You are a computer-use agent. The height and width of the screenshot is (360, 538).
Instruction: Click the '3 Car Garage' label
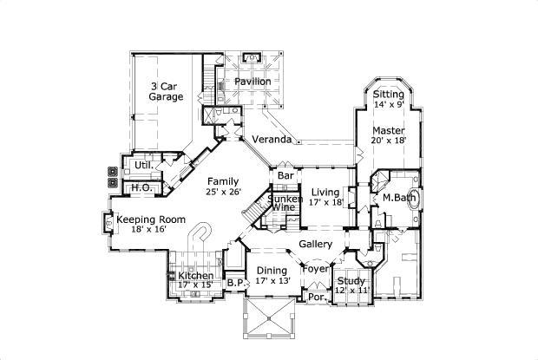[165, 92]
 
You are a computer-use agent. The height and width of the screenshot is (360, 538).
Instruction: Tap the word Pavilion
[253, 82]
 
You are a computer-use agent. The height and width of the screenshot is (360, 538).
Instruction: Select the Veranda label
[271, 139]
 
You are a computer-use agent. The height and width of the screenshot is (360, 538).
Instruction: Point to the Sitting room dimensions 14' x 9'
[389, 105]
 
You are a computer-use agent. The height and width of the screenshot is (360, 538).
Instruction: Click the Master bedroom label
[389, 131]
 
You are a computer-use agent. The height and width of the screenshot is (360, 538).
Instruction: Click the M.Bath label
[400, 198]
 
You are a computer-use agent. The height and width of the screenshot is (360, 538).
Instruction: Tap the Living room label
[325, 193]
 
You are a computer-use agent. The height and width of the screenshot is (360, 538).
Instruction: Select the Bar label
[285, 176]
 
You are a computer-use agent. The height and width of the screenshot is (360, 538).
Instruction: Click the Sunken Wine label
[285, 203]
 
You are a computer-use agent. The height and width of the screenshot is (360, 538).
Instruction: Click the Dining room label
[272, 271]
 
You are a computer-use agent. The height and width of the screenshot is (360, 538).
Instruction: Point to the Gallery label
[315, 245]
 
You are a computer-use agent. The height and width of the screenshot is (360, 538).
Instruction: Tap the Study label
[351, 281]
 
